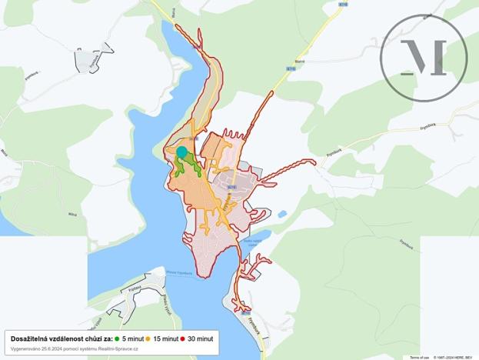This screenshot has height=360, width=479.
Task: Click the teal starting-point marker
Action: pos(182,152)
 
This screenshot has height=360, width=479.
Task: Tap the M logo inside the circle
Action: pos(424,59)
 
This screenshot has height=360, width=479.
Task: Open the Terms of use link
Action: pos(419,357)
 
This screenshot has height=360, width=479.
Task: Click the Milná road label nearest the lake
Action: pos(73,214)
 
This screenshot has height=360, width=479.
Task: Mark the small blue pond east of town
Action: pos(282,214)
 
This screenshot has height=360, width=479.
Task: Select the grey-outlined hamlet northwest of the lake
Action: pos(91,60)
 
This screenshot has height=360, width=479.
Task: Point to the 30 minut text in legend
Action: pos(201,338)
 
